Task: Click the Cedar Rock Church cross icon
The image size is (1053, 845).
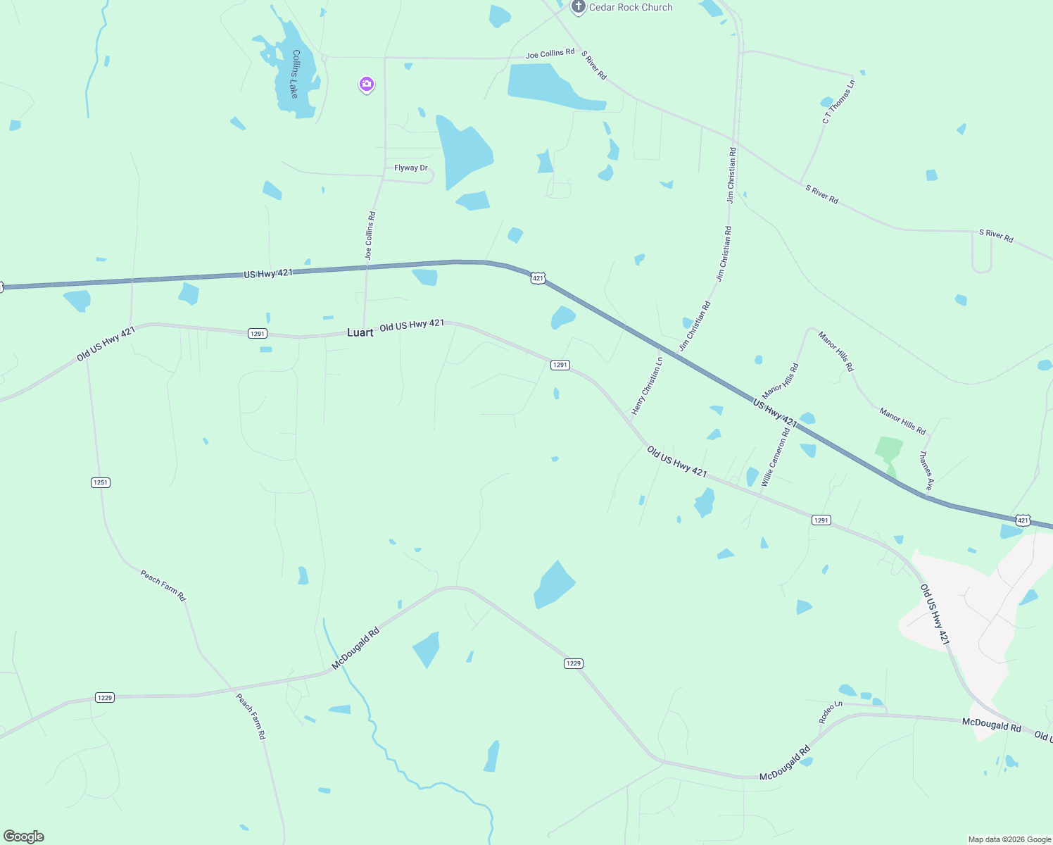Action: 578,7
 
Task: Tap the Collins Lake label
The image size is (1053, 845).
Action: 296,74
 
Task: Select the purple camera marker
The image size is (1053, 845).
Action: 366,84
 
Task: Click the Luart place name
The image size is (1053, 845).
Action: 360,332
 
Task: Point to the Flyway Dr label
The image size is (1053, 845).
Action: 411,168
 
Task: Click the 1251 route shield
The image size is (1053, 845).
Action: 101,482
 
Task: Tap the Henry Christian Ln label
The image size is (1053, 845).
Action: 647,385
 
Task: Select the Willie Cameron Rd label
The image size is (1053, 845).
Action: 775,456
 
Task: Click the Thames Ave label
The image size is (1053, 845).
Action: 927,471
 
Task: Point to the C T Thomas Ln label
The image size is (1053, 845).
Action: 838,102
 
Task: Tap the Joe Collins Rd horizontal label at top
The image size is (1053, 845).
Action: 550,54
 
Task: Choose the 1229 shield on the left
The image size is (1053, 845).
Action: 105,698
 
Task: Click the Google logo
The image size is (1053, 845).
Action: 23,837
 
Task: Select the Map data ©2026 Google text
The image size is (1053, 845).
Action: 1009,839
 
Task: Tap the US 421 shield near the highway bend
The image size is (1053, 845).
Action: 538,278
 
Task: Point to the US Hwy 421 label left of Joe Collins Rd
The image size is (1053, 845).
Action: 268,273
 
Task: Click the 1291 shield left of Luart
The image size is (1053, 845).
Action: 258,334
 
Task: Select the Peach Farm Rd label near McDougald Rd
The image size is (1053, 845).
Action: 251,716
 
